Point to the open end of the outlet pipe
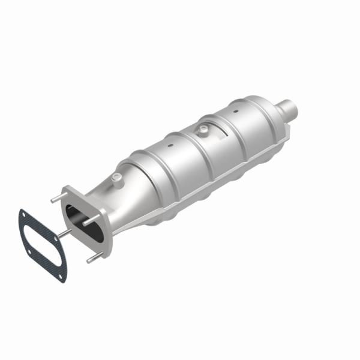293,108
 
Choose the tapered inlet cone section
114,198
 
